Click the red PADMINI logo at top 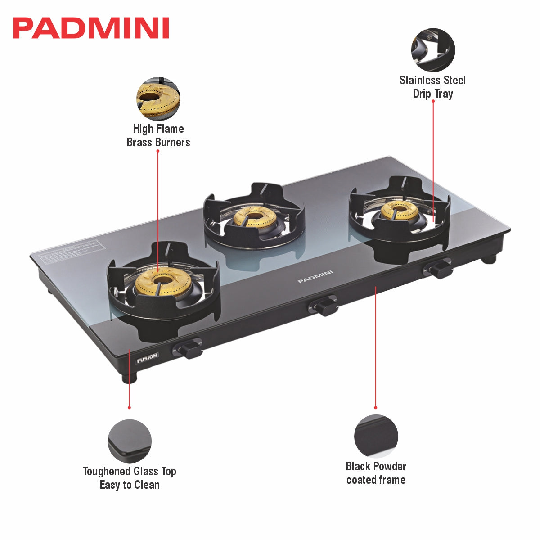(91, 28)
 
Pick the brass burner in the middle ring (255, 217)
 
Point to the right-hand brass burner (400, 210)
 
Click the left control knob (189, 349)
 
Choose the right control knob (439, 269)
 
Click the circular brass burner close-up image (158, 99)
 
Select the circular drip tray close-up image (433, 50)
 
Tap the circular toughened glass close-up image (130, 441)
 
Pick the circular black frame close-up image (376, 436)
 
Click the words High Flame (158, 129)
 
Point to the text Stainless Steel (432, 81)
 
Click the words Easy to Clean (130, 485)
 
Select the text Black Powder (376, 467)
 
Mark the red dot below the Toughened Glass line (129, 408)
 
